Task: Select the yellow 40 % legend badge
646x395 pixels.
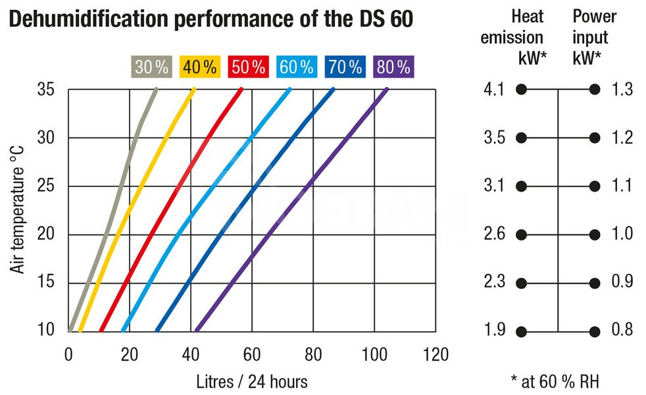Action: tap(200, 66)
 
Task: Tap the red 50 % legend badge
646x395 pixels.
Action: tap(248, 66)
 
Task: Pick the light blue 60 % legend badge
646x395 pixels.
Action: tap(296, 66)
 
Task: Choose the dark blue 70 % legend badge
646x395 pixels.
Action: tap(345, 66)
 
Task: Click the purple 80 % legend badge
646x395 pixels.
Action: tap(393, 66)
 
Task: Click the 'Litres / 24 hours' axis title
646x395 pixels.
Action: tap(252, 381)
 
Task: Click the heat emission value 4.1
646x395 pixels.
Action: tap(493, 90)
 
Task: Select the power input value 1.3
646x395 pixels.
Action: tap(621, 90)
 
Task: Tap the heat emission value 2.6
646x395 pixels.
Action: tap(493, 235)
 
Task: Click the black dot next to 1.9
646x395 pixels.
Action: tap(522, 331)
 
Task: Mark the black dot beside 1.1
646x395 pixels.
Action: tap(595, 186)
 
